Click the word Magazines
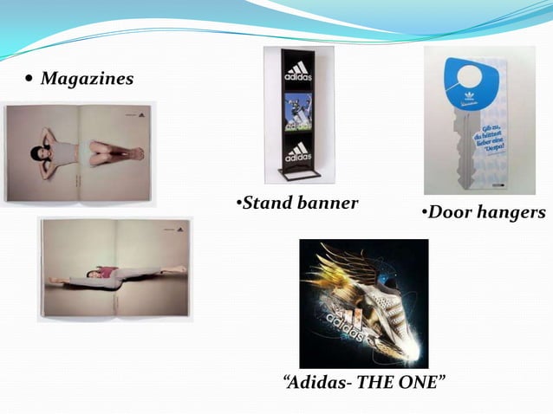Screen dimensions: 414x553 pyautogui.click(x=87, y=80)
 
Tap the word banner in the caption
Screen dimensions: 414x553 pyautogui.click(x=328, y=204)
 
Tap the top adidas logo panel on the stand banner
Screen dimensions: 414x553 pyautogui.click(x=297, y=72)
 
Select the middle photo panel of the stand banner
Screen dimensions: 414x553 pyautogui.click(x=297, y=113)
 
